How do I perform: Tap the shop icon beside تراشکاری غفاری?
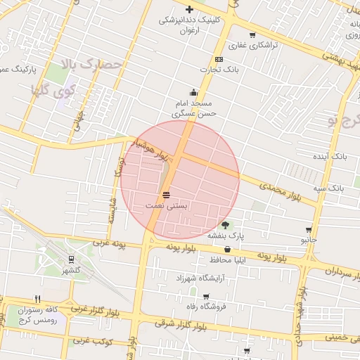pos(252,34)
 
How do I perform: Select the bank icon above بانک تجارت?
pos(219,59)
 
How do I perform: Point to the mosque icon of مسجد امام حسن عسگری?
pos(193,92)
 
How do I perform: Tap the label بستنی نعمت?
pos(167,205)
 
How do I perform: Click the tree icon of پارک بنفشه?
pos(225,225)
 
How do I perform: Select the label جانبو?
pos(309,240)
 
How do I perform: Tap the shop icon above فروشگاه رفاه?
pos(205,296)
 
